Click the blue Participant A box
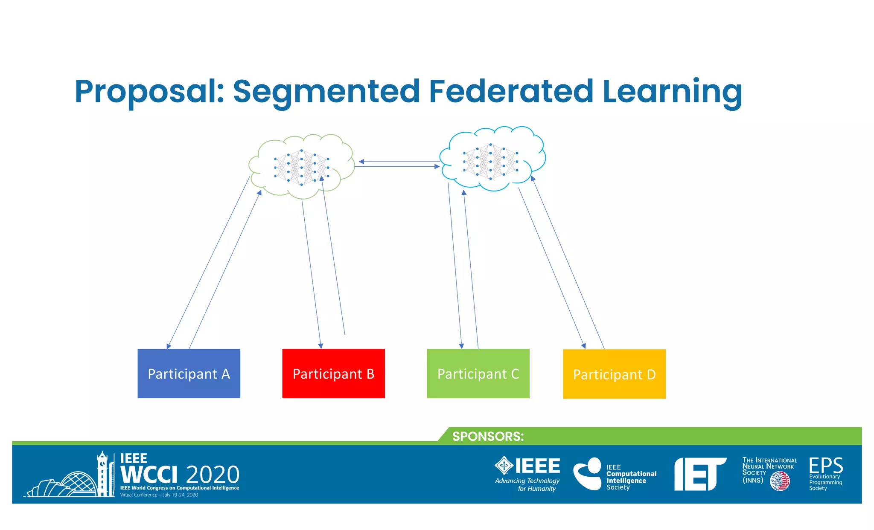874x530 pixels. (189, 374)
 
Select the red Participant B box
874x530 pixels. (333, 374)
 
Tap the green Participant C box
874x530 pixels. (478, 374)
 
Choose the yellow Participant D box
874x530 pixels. (614, 374)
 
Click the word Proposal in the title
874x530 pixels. (149, 92)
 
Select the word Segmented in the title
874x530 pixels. (326, 92)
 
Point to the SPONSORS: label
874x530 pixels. (488, 437)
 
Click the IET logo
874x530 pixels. (699, 474)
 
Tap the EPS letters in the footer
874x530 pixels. (826, 465)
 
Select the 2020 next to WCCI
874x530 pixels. (213, 475)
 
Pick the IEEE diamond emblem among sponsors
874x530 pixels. (504, 465)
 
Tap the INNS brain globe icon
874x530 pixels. (780, 481)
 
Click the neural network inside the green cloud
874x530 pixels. (302, 168)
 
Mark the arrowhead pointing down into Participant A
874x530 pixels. (169, 346)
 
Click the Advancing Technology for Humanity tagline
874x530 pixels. (527, 484)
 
